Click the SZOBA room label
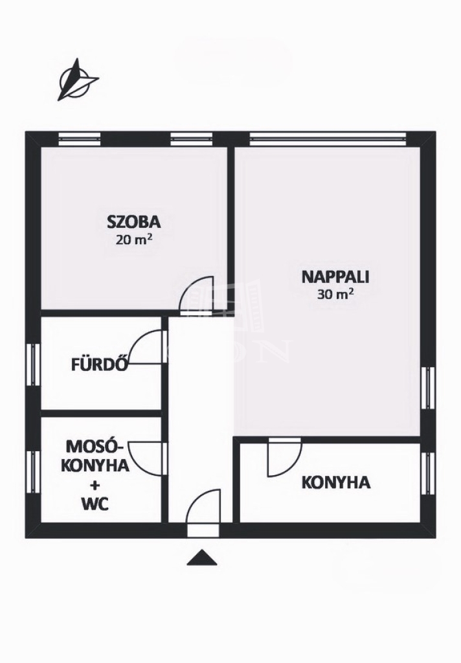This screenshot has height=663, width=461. coord(133,221)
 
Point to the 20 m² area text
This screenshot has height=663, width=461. coord(133,240)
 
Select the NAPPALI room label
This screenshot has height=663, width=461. coord(335,276)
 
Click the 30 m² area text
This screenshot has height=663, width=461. coord(335,294)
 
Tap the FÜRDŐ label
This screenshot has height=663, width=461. coord(100,364)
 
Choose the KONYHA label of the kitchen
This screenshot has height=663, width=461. coord(336,482)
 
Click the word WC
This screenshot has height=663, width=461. coord(96,504)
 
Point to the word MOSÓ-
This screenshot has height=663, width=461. coord(95,447)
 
